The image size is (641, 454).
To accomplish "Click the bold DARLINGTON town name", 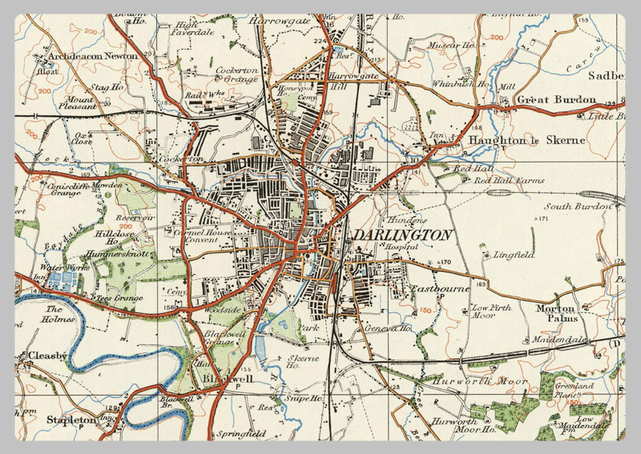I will [402, 235].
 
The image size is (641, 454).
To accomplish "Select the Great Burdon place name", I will [556, 100].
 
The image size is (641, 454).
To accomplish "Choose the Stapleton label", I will [71, 419].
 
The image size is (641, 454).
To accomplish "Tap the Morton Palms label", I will [556, 313].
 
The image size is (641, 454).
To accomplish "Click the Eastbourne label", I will [440, 288].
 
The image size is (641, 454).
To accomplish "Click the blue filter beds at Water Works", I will [64, 280].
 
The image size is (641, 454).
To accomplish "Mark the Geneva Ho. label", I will [389, 327].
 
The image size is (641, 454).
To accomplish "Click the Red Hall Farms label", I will [509, 181].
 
